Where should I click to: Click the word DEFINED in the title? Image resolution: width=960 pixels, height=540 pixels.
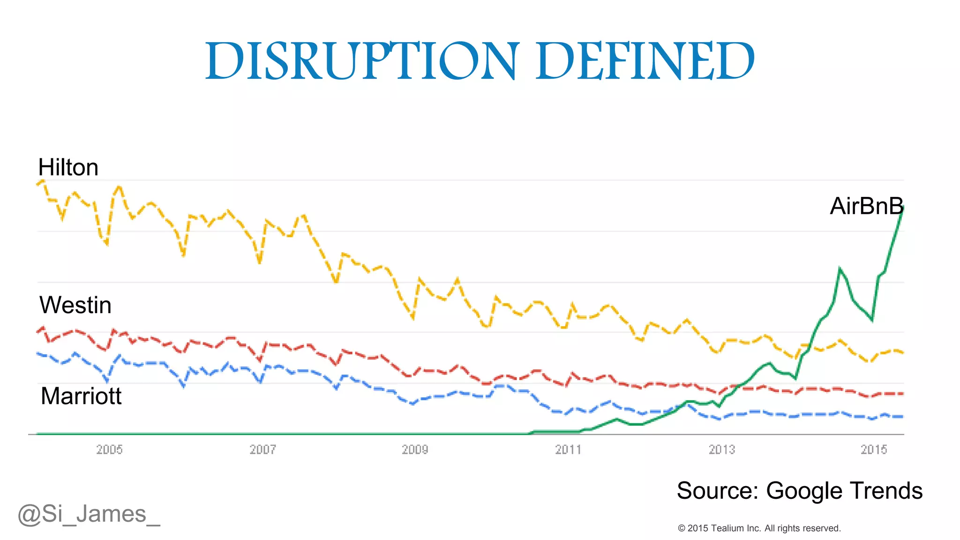point(645,61)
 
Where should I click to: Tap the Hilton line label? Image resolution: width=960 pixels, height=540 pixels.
point(68,168)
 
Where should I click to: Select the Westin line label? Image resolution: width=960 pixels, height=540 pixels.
point(75,306)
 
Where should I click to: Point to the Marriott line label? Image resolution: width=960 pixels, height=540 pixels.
point(81,397)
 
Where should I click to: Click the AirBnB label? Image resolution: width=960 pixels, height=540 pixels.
point(866,206)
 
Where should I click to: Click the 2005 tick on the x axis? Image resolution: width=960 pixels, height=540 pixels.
point(109,450)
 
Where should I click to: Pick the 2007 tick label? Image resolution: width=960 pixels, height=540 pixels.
point(262,450)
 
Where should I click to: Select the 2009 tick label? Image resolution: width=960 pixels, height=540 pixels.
point(415,450)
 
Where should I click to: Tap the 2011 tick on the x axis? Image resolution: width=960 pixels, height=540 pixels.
point(568,450)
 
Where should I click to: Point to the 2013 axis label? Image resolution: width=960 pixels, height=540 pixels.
point(721,450)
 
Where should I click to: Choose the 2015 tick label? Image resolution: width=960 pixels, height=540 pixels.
point(874,450)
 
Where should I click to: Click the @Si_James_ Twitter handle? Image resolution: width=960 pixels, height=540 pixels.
point(89,514)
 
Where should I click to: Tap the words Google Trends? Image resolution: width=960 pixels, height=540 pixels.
point(844,491)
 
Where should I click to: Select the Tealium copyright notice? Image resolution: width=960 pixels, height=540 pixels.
point(759,528)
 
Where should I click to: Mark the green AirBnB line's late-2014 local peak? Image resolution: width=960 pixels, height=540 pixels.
point(840,268)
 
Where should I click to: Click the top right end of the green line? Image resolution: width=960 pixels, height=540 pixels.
point(903,208)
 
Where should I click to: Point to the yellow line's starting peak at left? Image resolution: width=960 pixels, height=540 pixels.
point(42,180)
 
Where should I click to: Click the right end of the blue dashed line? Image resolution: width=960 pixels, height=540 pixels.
point(902,417)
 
